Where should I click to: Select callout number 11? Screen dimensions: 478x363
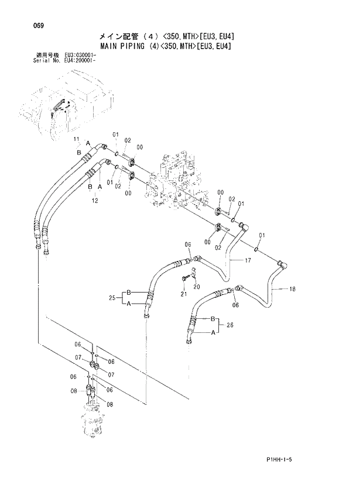(77, 139)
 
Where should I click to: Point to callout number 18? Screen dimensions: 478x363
(292, 289)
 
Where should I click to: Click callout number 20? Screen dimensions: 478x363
(197, 287)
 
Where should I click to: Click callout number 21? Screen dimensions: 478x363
(183, 294)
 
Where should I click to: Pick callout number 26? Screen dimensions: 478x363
(230, 325)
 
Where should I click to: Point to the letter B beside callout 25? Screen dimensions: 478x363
(128, 292)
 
